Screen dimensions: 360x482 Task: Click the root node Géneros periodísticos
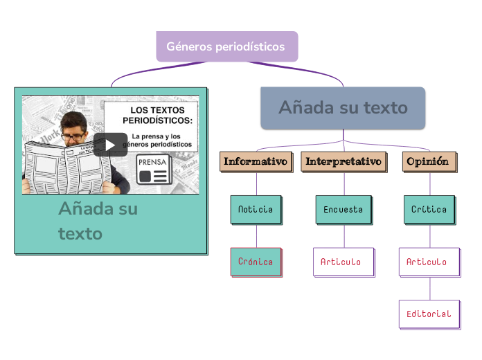point(226,46)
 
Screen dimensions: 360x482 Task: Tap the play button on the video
point(110,145)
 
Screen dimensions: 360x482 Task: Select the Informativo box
point(256,161)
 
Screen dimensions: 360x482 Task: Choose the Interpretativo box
point(343,161)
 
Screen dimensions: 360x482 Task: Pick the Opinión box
point(429,161)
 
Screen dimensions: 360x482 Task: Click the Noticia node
point(256,209)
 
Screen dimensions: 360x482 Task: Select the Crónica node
point(256,262)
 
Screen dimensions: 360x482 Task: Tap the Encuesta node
point(343,209)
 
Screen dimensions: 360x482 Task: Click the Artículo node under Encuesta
point(343,262)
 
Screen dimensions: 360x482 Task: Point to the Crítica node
point(429,209)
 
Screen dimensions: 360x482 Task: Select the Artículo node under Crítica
point(429,262)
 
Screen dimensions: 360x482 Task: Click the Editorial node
point(429,314)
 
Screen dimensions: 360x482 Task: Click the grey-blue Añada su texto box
point(343,107)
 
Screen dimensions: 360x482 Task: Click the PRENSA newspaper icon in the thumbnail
point(154,169)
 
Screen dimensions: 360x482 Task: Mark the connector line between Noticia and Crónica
point(256,235)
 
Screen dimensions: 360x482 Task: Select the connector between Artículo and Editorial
point(430,287)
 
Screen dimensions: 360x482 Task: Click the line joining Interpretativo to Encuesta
point(344,183)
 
